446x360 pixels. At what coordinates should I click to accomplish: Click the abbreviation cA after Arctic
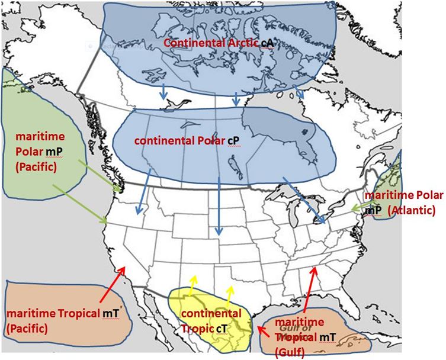[267, 43]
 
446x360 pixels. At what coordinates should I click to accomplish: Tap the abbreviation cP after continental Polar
[236, 142]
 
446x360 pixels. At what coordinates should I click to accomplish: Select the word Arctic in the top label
[238, 43]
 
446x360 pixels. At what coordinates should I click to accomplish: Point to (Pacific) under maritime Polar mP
[34, 168]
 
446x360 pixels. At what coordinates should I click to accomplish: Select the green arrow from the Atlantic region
[361, 207]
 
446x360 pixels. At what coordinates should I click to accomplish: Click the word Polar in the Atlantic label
[426, 195]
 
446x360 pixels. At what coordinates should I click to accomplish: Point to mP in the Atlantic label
[374, 210]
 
